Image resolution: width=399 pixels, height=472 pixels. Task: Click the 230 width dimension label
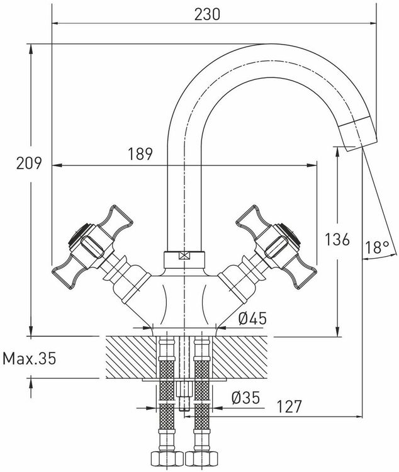click(x=207, y=14)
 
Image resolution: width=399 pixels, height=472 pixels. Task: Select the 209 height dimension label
click(x=29, y=164)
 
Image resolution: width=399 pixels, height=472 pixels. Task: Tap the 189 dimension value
click(x=140, y=154)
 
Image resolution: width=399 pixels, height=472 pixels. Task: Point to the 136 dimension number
click(x=337, y=240)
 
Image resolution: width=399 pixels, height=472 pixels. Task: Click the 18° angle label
click(x=378, y=247)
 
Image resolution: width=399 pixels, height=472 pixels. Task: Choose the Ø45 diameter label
click(x=252, y=318)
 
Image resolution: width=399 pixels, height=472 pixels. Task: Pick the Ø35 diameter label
click(x=245, y=398)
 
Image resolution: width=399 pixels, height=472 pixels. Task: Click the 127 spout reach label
click(x=289, y=407)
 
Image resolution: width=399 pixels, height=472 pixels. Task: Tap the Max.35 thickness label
click(x=30, y=359)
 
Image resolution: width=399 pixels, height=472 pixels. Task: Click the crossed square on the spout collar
click(x=184, y=256)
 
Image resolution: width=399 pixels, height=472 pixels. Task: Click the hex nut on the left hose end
click(x=167, y=458)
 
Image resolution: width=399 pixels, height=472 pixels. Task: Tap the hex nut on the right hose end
click(x=202, y=458)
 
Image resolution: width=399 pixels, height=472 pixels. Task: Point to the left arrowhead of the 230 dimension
click(x=56, y=23)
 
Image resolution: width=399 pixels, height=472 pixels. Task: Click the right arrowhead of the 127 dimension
click(x=358, y=417)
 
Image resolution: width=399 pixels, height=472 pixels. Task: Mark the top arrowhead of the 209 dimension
click(x=31, y=48)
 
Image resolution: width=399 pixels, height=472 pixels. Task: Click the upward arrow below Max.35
click(x=31, y=388)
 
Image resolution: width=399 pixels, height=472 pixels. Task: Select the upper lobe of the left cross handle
click(x=116, y=220)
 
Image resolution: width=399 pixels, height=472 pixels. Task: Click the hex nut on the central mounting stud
click(x=184, y=390)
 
